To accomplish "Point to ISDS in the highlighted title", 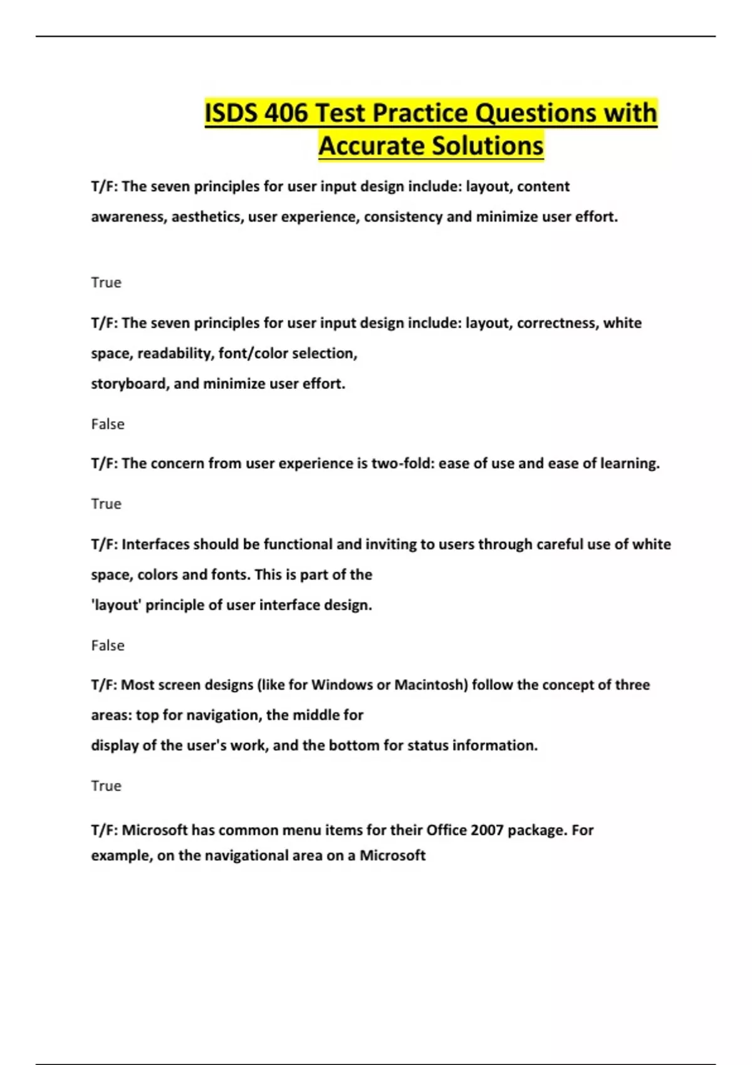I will pyautogui.click(x=231, y=113).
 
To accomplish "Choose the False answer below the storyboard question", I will pyautogui.click(x=108, y=424).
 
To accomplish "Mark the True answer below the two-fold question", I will pyautogui.click(x=106, y=504).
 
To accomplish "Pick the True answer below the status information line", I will pyautogui.click(x=106, y=786).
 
